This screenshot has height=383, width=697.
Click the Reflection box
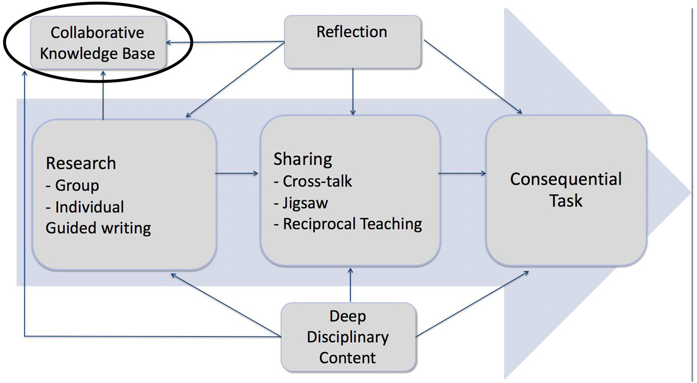tap(352, 41)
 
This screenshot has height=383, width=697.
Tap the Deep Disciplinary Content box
tap(348, 337)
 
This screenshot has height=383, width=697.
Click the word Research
tap(81, 163)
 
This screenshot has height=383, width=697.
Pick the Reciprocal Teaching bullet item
tap(348, 224)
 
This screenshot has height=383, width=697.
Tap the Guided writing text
tap(98, 227)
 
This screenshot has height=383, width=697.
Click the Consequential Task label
tap(566, 189)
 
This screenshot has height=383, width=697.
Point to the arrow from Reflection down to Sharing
tap(353, 92)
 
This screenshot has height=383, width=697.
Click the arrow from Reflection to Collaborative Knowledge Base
tap(225, 42)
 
